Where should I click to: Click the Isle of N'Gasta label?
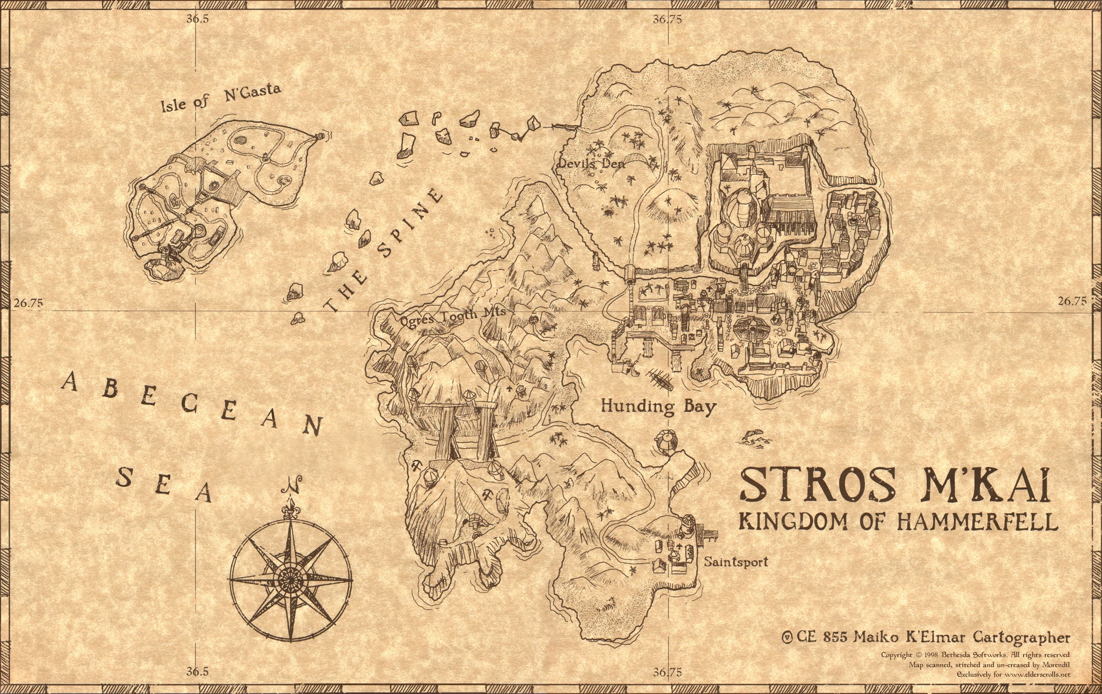click(x=220, y=97)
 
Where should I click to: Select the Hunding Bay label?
click(x=658, y=406)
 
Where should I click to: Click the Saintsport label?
click(x=736, y=562)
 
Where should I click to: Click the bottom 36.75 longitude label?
click(x=667, y=672)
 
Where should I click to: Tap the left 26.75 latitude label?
click(x=28, y=302)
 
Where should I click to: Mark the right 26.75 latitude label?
click(x=1072, y=301)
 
